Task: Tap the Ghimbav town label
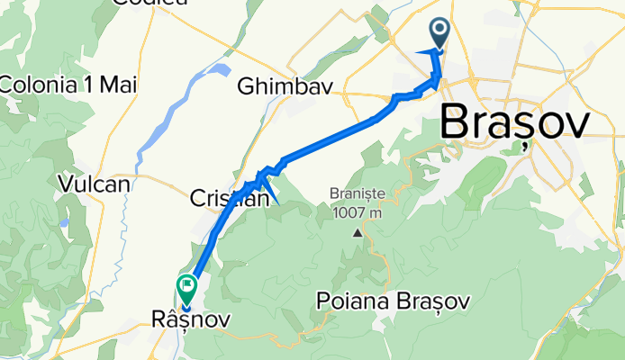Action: click(x=285, y=86)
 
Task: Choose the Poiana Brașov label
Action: click(x=394, y=301)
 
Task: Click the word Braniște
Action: click(x=358, y=194)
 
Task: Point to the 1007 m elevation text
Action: click(x=358, y=212)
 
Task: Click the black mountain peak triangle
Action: click(x=358, y=232)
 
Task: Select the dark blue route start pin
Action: click(x=440, y=33)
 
